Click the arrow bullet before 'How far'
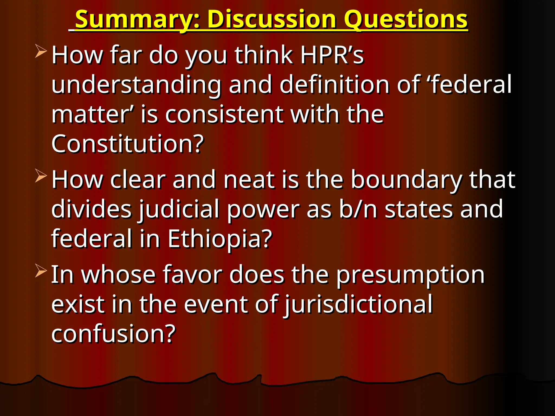click(x=41, y=51)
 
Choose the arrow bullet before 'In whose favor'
click(x=41, y=271)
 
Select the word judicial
click(x=179, y=209)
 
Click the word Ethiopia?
click(x=220, y=238)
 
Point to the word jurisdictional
click(x=358, y=305)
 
